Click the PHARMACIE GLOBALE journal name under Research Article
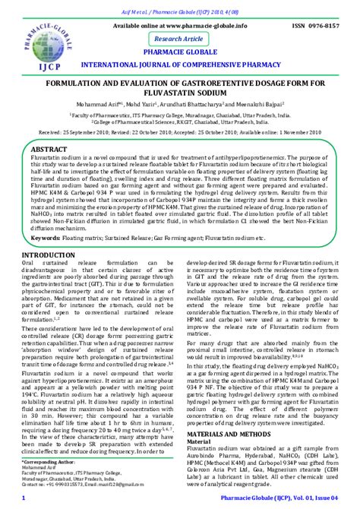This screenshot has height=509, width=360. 180,52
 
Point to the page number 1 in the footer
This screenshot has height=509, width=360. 25,498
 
